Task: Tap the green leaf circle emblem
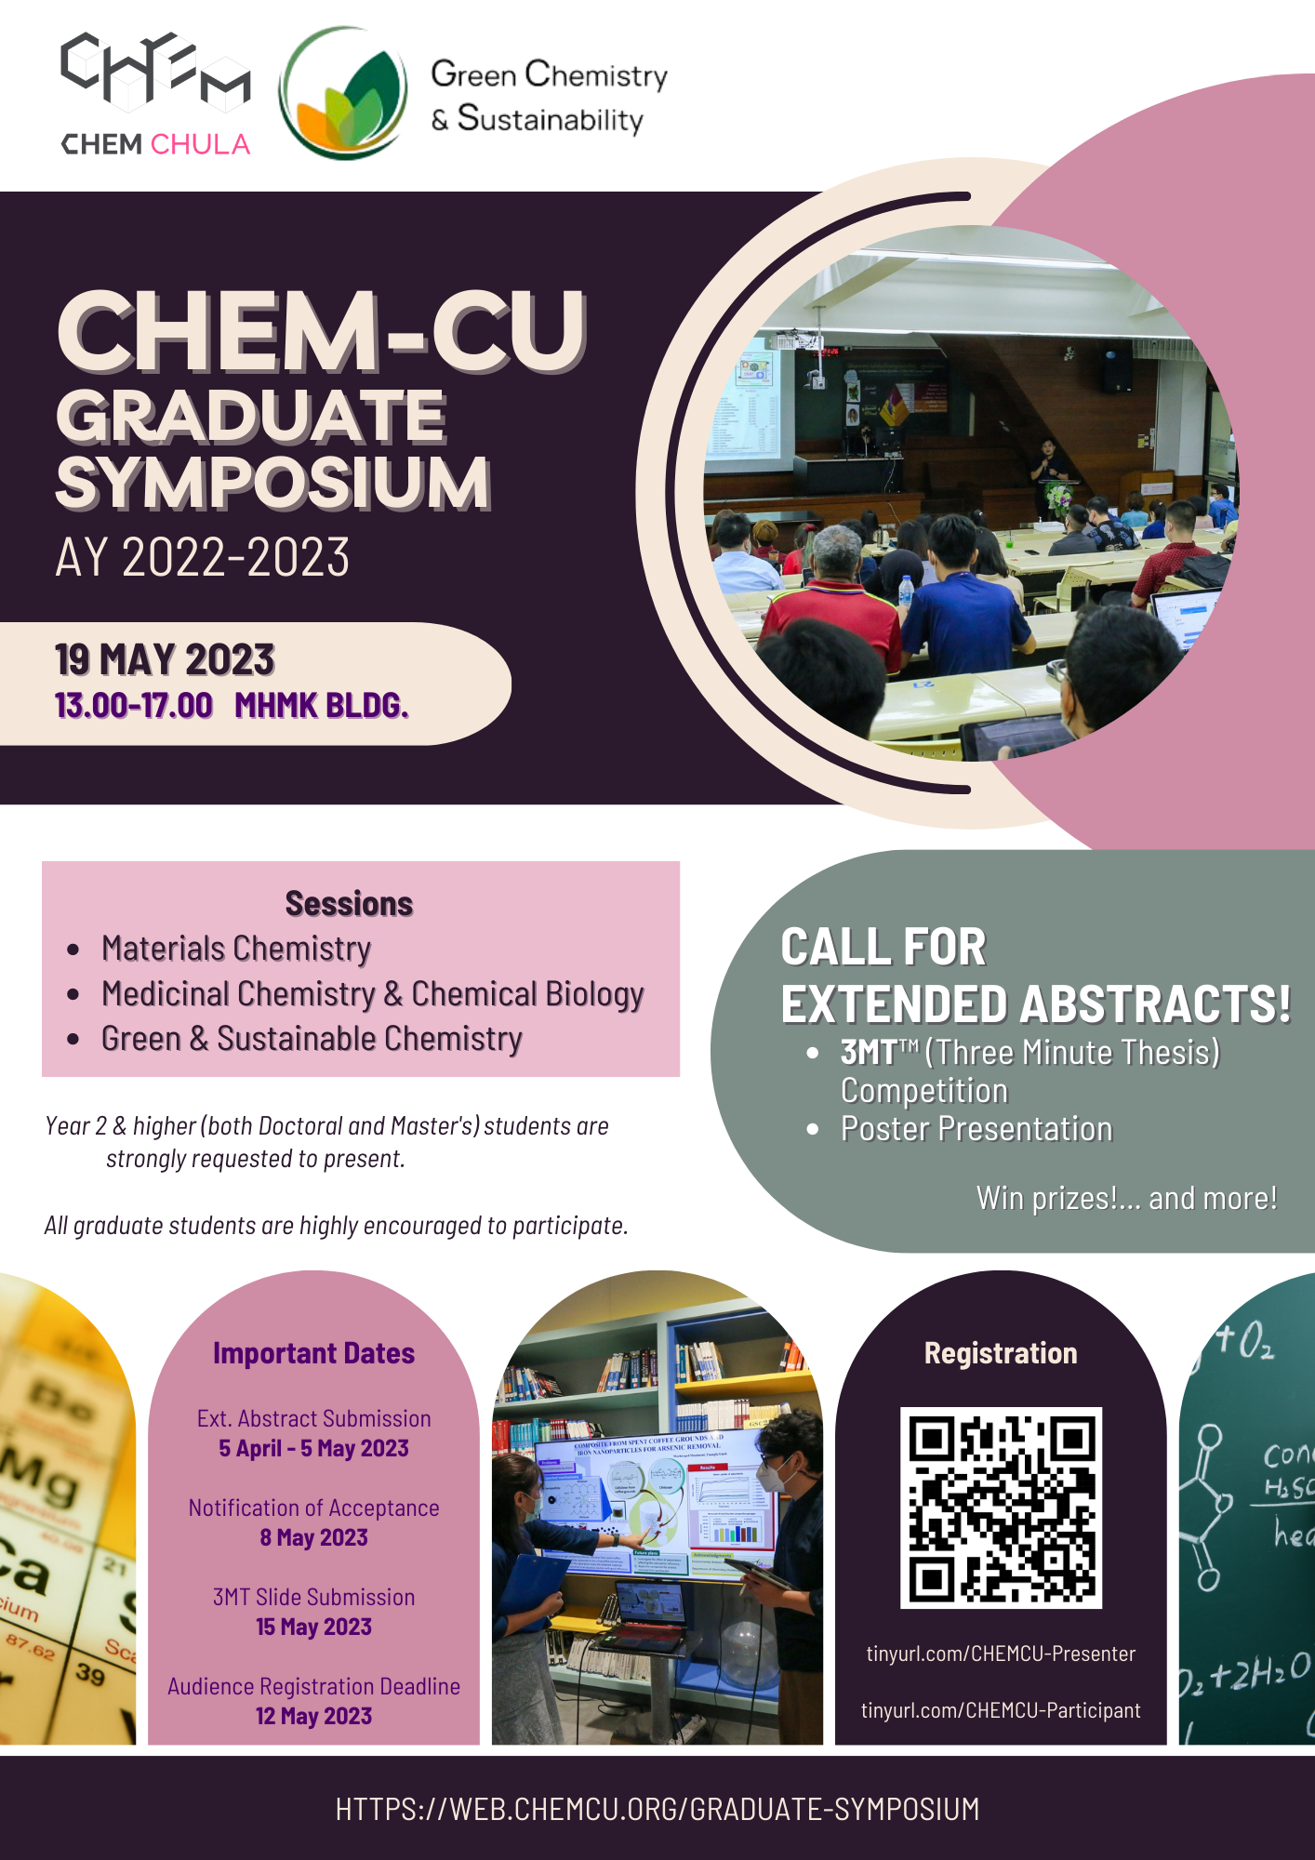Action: click(345, 93)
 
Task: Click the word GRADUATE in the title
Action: click(251, 416)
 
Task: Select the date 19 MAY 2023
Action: click(165, 660)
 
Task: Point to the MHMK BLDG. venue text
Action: click(321, 706)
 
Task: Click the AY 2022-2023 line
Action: click(203, 558)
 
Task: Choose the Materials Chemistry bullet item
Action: click(236, 949)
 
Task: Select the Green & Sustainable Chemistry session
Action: click(312, 1039)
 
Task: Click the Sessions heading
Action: click(349, 904)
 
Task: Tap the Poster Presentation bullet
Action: click(976, 1129)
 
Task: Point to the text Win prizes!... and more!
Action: click(1126, 1199)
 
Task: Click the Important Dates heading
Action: click(313, 1353)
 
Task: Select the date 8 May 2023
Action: click(313, 1538)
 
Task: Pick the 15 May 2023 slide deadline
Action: click(313, 1627)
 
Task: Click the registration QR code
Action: click(1001, 1508)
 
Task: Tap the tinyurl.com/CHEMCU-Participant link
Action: click(1001, 1711)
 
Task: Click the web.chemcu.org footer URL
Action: click(657, 1809)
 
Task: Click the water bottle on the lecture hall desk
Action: click(906, 590)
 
